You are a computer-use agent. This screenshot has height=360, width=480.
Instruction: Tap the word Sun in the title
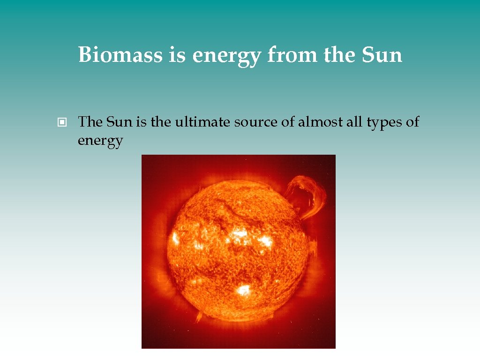click(x=382, y=55)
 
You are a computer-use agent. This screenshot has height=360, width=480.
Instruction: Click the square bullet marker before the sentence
click(x=61, y=123)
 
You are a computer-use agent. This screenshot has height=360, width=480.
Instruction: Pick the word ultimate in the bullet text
click(x=202, y=122)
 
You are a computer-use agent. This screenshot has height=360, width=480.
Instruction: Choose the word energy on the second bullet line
click(x=100, y=141)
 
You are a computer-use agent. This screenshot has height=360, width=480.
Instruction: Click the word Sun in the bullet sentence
click(x=120, y=122)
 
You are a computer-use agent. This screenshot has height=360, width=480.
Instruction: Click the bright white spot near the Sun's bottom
click(x=243, y=290)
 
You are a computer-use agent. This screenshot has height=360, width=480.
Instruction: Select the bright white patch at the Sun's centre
click(x=240, y=233)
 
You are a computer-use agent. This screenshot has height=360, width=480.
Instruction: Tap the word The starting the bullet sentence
click(x=90, y=122)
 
